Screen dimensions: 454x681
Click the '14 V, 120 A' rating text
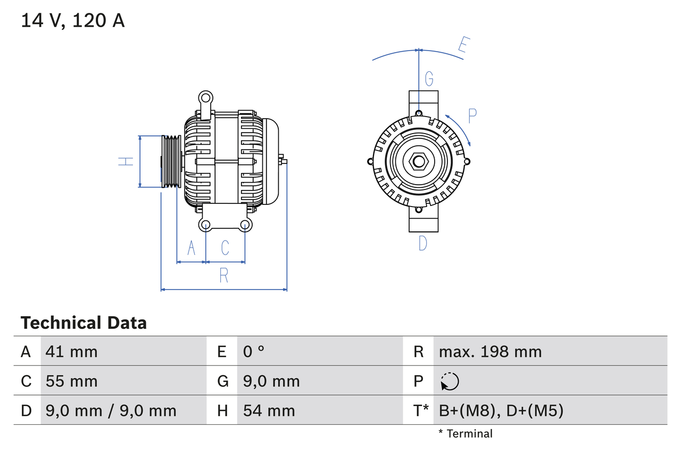[73, 20]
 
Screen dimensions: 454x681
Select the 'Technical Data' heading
[84, 323]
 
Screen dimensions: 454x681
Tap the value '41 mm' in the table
[72, 351]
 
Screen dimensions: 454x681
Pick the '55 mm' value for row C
[72, 381]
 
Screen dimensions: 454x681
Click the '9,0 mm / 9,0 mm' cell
[111, 410]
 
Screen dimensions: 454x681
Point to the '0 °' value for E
[254, 351]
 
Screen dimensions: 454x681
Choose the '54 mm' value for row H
[269, 410]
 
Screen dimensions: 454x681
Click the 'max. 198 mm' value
[490, 351]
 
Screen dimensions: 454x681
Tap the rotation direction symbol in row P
[450, 381]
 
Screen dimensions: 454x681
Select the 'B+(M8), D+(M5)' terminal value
[501, 410]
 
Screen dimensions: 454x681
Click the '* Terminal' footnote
[466, 434]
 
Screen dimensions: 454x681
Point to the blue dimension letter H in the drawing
[126, 161]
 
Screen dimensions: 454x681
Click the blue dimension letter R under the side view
[224, 275]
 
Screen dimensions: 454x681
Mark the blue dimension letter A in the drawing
[192, 247]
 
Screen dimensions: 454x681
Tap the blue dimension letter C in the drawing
[225, 247]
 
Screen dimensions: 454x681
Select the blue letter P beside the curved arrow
[472, 116]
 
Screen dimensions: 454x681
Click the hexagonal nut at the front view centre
[419, 161]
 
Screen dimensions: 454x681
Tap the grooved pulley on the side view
[171, 161]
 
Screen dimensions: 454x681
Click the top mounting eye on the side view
[205, 97]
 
